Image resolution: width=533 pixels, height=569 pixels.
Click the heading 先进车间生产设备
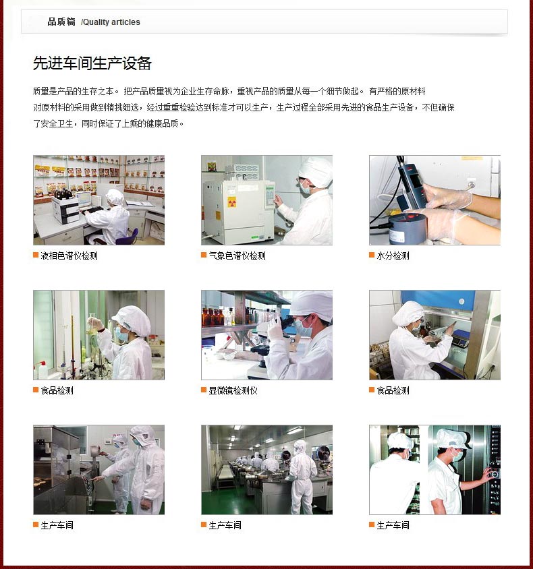pos(92,63)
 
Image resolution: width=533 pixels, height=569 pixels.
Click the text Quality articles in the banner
pos(112,22)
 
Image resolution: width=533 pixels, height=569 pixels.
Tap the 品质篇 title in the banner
pos(61,22)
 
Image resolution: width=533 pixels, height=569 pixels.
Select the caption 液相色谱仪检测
pos(69,256)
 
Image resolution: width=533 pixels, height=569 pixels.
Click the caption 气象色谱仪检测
pos(237,256)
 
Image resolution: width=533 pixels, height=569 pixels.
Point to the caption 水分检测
pos(393,256)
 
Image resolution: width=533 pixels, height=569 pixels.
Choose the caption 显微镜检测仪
pos(233,390)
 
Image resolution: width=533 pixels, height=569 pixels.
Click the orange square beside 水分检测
pos(372,255)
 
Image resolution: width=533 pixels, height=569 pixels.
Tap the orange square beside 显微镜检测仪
pos(204,390)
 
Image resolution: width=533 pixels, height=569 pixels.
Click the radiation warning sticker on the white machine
pos(231,202)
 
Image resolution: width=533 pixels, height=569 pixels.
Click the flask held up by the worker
pos(92,324)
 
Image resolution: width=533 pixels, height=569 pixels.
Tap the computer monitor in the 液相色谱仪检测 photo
pos(84,199)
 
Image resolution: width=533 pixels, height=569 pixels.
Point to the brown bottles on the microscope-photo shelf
pos(213,316)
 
